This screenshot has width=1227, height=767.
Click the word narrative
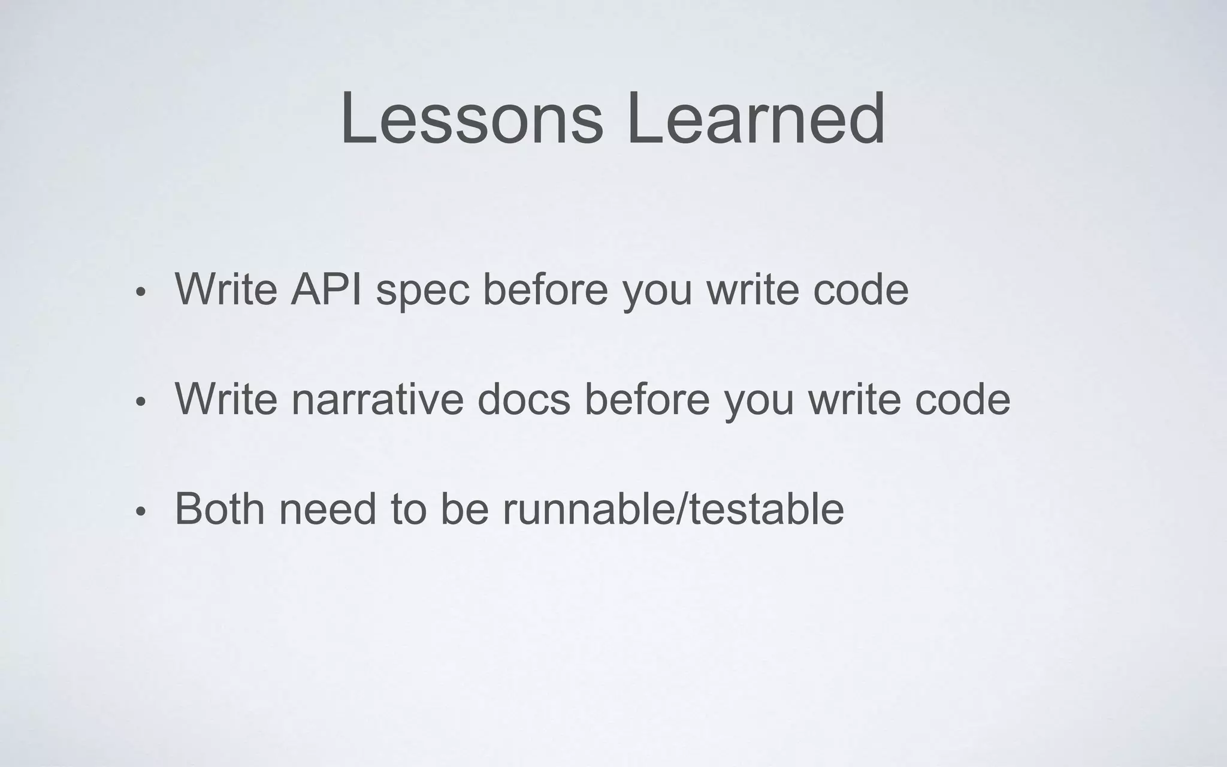[x=378, y=399]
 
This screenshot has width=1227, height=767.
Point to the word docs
[x=524, y=399]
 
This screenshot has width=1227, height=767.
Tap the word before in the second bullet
[x=647, y=399]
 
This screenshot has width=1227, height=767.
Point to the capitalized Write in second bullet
[x=226, y=399]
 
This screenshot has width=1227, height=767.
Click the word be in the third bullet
[x=465, y=509]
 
